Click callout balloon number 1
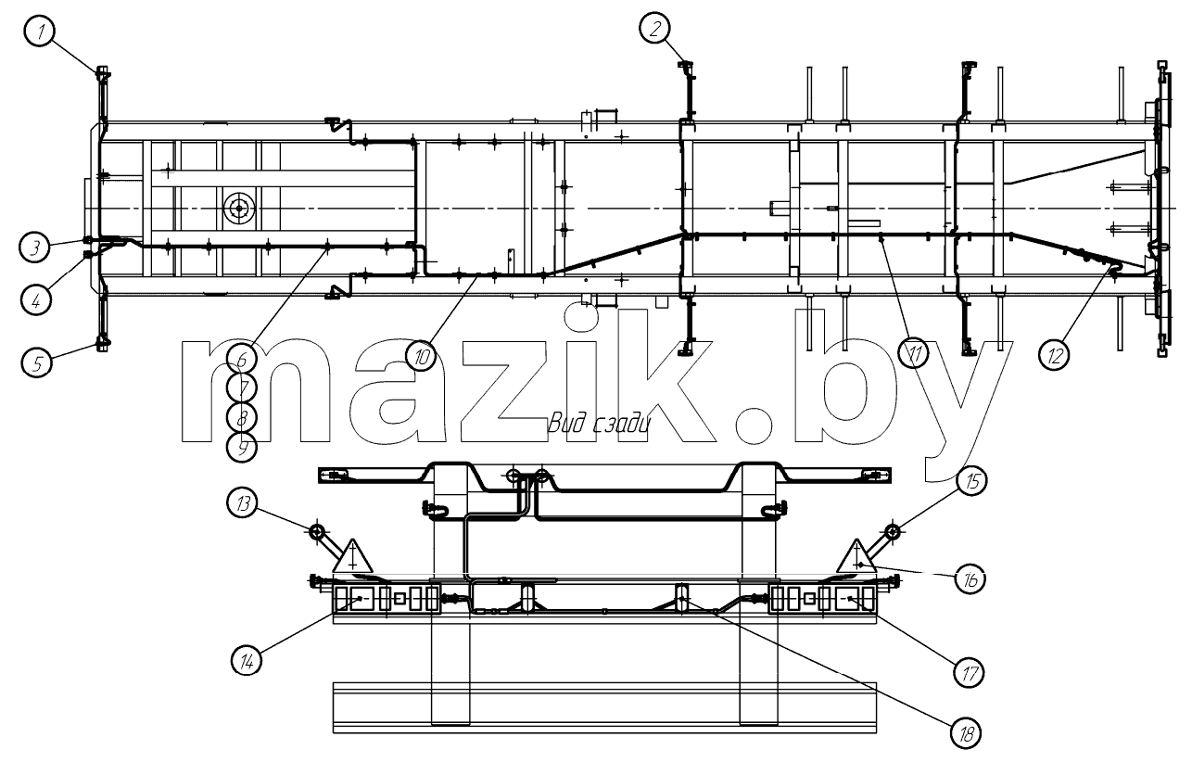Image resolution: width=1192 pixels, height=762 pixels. tap(40, 31)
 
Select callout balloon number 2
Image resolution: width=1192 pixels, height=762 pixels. tap(654, 28)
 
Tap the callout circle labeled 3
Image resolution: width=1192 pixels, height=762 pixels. tap(34, 248)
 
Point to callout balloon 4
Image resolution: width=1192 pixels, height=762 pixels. tap(36, 300)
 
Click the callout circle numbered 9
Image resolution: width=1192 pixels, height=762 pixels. tap(242, 448)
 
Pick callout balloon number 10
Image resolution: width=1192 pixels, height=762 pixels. tap(421, 356)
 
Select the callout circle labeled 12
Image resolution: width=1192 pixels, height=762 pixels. tap(1054, 354)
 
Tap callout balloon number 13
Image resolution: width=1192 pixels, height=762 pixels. tap(242, 502)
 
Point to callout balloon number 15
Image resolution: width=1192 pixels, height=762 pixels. tap(971, 480)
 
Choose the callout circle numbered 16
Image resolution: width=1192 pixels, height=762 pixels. tap(970, 578)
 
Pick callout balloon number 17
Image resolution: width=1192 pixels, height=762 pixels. tap(969, 673)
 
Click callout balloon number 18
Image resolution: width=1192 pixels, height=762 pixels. tap(966, 734)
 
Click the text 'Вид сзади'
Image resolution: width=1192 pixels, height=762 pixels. tap(599, 424)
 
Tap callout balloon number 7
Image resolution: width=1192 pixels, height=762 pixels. tap(242, 387)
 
